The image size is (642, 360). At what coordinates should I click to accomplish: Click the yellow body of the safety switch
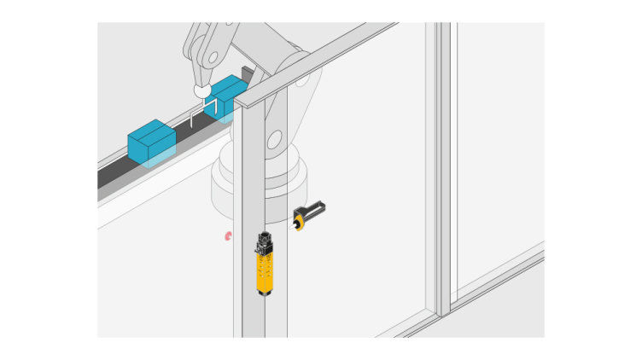(x=265, y=271)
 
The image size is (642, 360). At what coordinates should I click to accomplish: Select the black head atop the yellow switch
(x=264, y=243)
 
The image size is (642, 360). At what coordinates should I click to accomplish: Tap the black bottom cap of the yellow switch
(x=265, y=293)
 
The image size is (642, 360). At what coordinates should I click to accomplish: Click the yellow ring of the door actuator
(x=299, y=224)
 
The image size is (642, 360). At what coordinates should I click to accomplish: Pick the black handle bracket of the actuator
(x=312, y=209)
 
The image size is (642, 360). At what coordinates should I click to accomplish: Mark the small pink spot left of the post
(x=228, y=235)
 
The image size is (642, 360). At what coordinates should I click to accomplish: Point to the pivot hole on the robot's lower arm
(x=273, y=139)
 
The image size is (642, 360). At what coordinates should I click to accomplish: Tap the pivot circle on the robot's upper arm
(x=212, y=57)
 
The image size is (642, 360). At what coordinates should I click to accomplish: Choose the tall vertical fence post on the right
(x=442, y=171)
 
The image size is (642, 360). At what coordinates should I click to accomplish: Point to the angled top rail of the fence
(x=324, y=59)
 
